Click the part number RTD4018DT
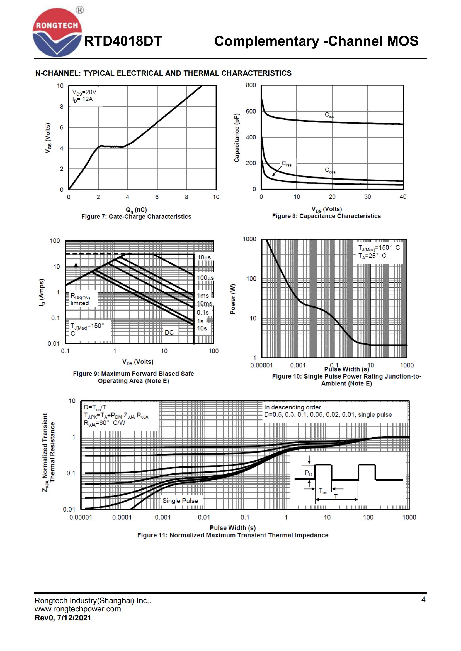pyautogui.click(x=123, y=41)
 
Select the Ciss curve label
pyautogui.click(x=329, y=115)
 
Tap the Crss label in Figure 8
pyautogui.click(x=287, y=164)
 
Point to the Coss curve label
pyautogui.click(x=330, y=170)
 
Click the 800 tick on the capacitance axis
pyautogui.click(x=251, y=85)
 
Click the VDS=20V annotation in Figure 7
pyautogui.click(x=84, y=92)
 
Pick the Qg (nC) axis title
pyautogui.click(x=136, y=210)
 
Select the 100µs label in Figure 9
pyautogui.click(x=205, y=277)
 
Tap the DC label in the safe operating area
pyautogui.click(x=169, y=332)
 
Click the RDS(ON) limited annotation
pyautogui.click(x=80, y=299)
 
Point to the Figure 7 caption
pyautogui.click(x=136, y=217)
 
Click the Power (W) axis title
pyautogui.click(x=233, y=299)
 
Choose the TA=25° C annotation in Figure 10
pyautogui.click(x=372, y=256)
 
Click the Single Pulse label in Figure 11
pyautogui.click(x=180, y=501)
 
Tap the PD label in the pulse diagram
pyautogui.click(x=308, y=473)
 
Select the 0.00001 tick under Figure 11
pyautogui.click(x=81, y=517)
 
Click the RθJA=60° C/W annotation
pyautogui.click(x=104, y=423)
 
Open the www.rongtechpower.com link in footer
pyautogui.click(x=78, y=609)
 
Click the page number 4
pyautogui.click(x=423, y=600)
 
